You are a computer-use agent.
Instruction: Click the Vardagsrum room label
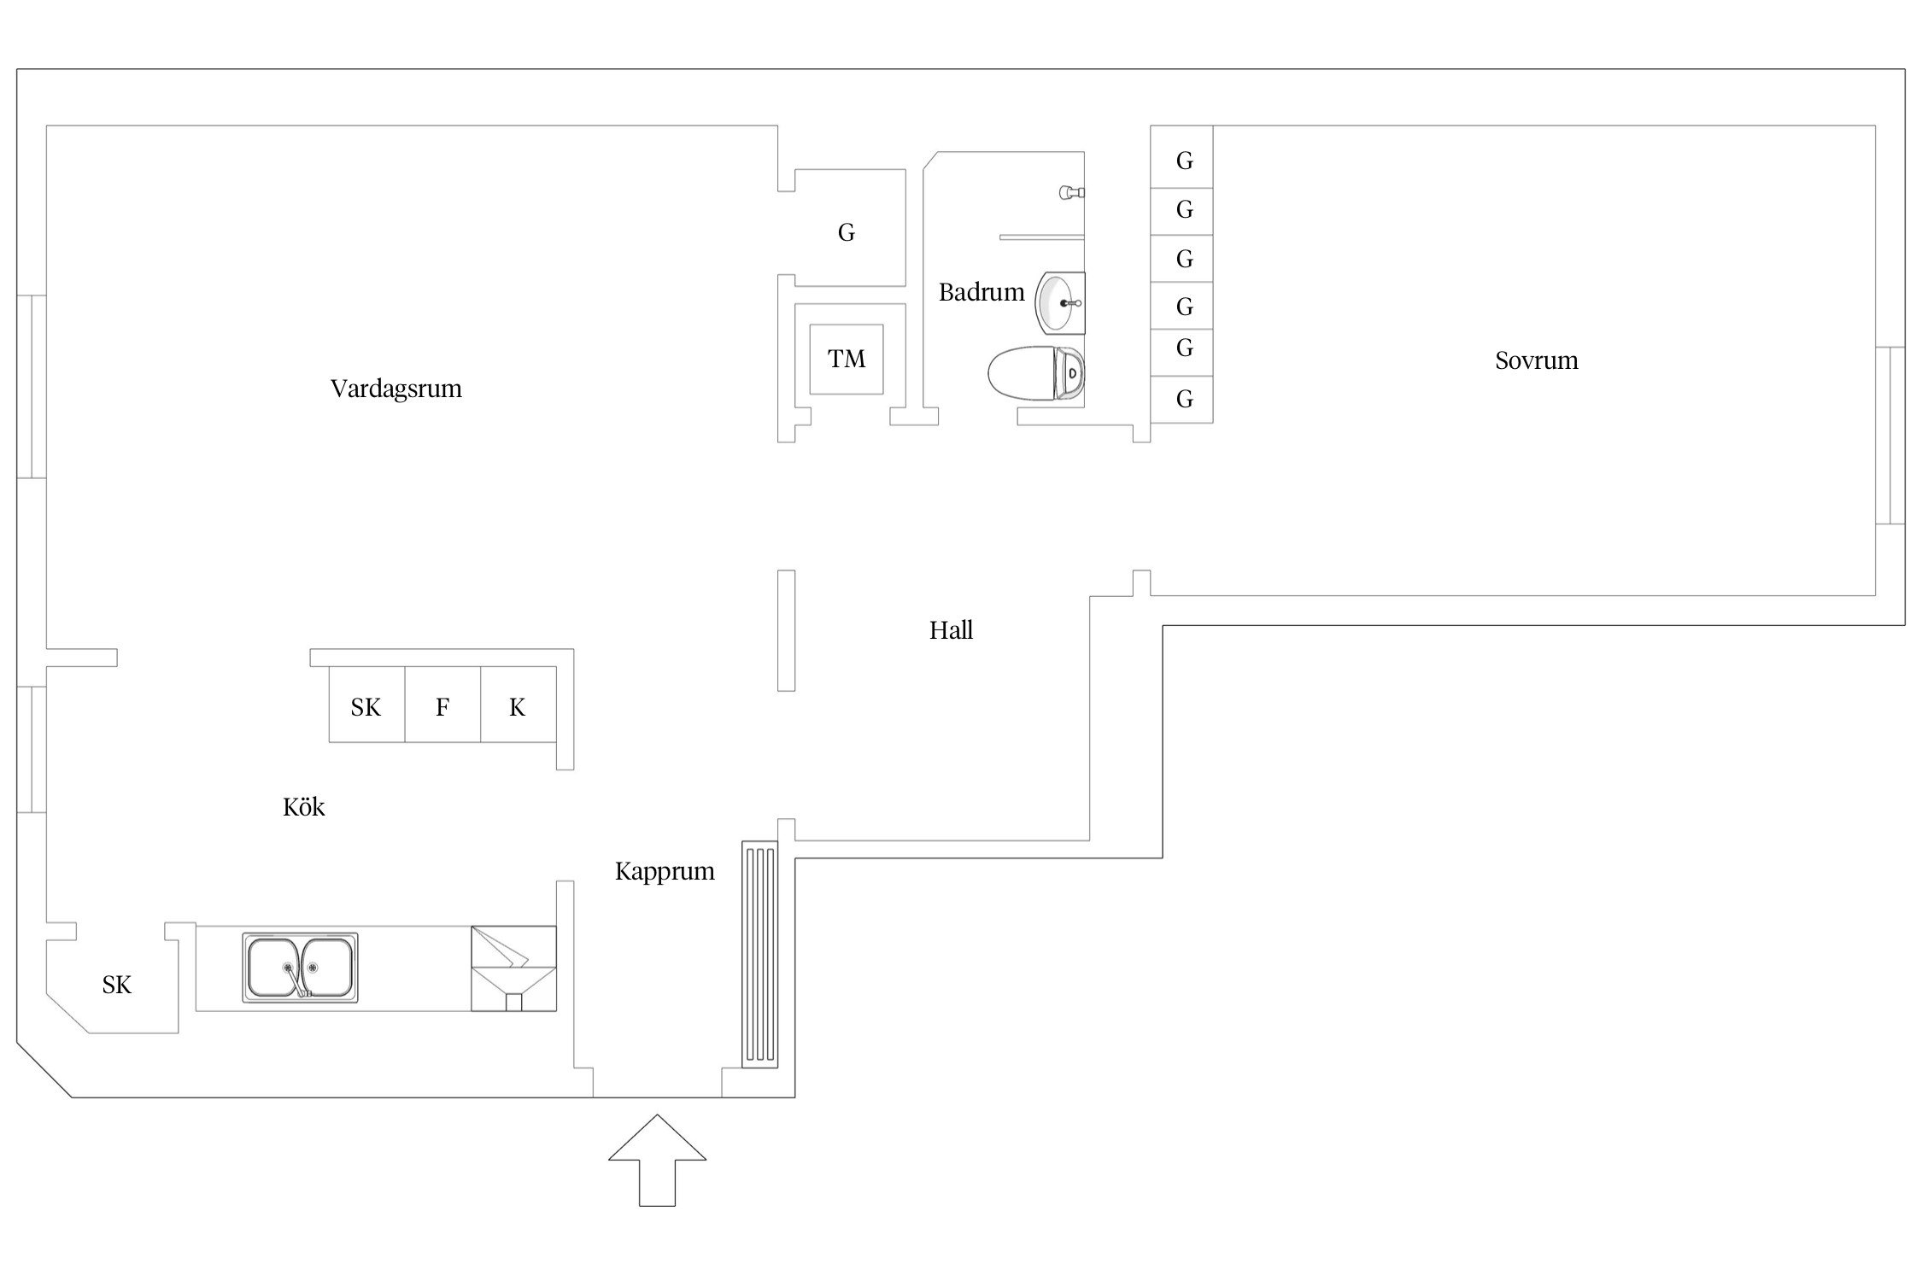coord(396,389)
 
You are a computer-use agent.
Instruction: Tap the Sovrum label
coord(1536,360)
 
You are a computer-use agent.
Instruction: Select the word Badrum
coord(981,292)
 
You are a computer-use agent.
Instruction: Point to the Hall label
coord(951,630)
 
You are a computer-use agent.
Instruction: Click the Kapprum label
coord(665,872)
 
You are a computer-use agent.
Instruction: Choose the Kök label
coord(303,807)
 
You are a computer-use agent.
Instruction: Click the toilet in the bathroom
coord(1036,372)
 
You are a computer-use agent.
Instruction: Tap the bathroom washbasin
coord(1060,303)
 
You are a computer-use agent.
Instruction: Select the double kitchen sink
coord(300,968)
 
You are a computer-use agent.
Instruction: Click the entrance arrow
coord(657,1161)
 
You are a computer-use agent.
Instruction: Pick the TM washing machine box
coord(847,359)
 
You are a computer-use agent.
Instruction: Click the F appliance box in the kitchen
coord(442,705)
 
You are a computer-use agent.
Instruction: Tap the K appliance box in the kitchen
coord(519,705)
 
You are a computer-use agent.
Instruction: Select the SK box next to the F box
coord(366,705)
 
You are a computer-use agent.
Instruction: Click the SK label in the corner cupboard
coord(116,986)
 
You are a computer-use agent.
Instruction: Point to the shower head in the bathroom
coord(1072,192)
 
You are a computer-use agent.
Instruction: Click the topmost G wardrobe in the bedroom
coord(1181,157)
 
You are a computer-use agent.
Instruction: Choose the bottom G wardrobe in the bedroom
coord(1181,400)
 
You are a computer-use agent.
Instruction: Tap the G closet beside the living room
coord(850,228)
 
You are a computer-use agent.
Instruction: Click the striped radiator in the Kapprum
coord(759,954)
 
